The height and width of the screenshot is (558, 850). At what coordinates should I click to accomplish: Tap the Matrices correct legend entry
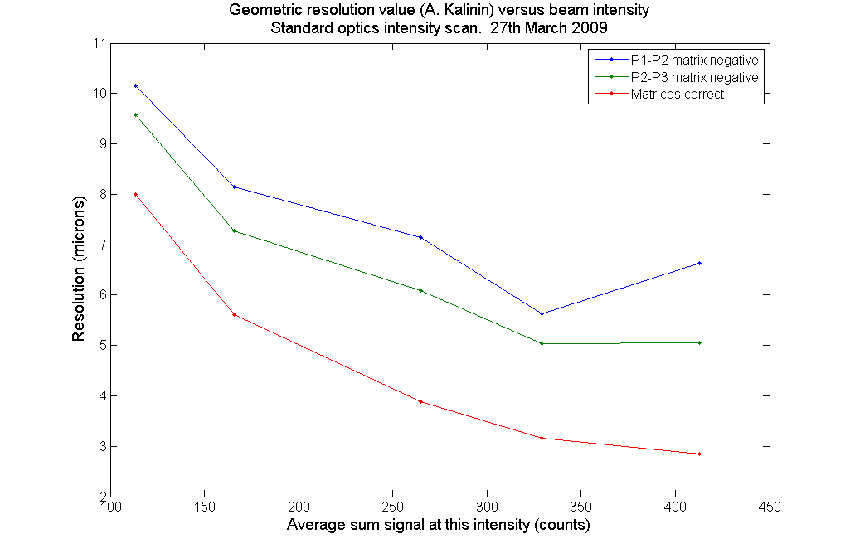tap(677, 94)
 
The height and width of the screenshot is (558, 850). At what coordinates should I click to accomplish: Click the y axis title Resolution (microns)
tap(79, 269)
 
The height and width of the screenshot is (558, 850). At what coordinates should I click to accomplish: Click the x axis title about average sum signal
tap(438, 526)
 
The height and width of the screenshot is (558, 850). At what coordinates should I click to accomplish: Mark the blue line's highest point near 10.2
tap(135, 85)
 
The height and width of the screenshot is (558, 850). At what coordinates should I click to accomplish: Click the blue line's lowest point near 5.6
tap(542, 313)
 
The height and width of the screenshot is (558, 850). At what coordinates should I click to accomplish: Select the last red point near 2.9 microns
tap(700, 454)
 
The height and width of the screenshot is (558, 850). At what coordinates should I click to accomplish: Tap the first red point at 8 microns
tap(135, 194)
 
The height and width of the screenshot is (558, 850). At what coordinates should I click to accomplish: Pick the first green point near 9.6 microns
tap(135, 114)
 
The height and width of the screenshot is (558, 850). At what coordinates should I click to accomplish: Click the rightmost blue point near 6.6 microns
tap(700, 263)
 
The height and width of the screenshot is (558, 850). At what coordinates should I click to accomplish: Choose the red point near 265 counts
tap(421, 401)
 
